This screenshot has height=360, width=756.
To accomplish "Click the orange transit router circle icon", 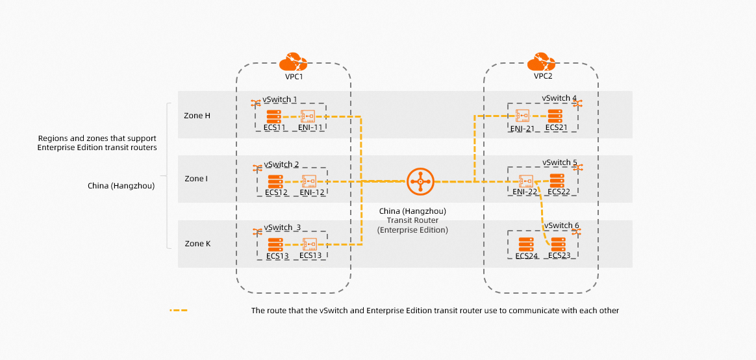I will [x=420, y=181].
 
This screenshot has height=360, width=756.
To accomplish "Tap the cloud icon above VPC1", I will [x=293, y=62].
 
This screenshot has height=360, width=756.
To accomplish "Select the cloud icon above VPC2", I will [x=541, y=62].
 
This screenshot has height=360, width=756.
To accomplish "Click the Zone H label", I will [x=197, y=116].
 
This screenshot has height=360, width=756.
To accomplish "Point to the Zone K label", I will [x=197, y=244].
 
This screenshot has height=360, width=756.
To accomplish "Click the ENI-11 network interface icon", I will [x=307, y=116].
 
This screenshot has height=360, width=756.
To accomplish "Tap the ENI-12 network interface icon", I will [x=309, y=181].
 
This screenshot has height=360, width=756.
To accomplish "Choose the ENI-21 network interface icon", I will [x=522, y=116].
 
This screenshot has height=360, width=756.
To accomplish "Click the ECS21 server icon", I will [x=555, y=116].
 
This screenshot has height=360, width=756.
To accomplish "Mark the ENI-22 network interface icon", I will [x=525, y=181].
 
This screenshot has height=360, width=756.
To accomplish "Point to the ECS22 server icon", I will [x=557, y=181].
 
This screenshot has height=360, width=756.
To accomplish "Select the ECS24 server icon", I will [x=525, y=244].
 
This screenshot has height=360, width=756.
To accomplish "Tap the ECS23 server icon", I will [x=558, y=244].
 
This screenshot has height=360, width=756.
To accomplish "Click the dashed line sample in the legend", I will [x=179, y=311].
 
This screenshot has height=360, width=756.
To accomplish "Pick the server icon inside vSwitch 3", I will [x=276, y=245].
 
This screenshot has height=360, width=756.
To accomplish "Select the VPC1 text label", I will [x=294, y=76].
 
